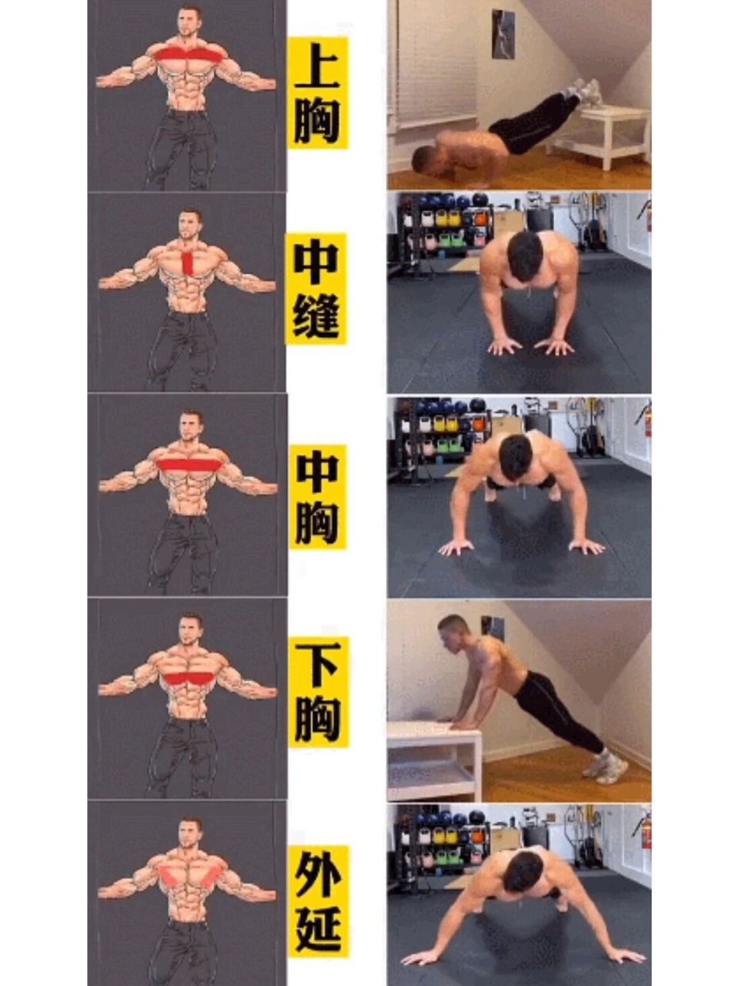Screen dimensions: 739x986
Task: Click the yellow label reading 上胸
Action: pyautogui.click(x=317, y=92)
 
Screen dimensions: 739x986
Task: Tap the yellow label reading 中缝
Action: pyautogui.click(x=316, y=288)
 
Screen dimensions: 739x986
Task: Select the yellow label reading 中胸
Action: pyautogui.click(x=317, y=496)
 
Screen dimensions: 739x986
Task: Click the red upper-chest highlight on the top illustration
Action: pyautogui.click(x=189, y=55)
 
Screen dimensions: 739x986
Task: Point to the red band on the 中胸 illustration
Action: pyautogui.click(x=189, y=464)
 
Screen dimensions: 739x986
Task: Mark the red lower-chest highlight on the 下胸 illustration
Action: pyautogui.click(x=189, y=678)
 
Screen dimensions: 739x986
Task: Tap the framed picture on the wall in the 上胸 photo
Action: pyautogui.click(x=503, y=34)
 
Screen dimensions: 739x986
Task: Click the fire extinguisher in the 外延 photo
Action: pyautogui.click(x=646, y=833)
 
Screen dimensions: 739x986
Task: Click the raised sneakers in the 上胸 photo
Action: pyautogui.click(x=583, y=90)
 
